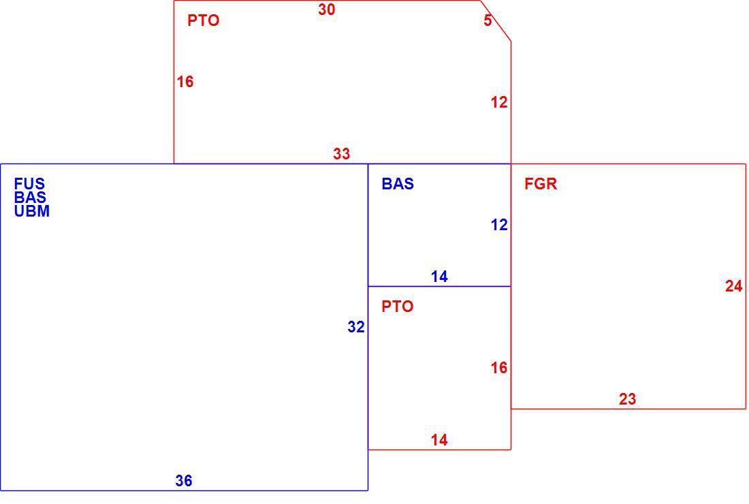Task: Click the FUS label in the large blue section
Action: [x=29, y=183]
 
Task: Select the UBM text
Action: [x=31, y=211]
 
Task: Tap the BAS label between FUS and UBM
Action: [x=30, y=198]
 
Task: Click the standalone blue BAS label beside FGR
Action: [x=398, y=184]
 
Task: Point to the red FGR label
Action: [x=541, y=184]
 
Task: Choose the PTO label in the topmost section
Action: [x=203, y=20]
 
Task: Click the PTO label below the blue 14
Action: [x=398, y=306]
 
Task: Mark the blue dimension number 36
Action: [x=184, y=481]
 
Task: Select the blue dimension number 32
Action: [x=356, y=327]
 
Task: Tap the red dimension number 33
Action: [x=342, y=154]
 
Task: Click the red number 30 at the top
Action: [x=327, y=10]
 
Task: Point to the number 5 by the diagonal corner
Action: [x=488, y=20]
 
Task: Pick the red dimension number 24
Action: [x=734, y=286]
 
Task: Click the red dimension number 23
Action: [x=628, y=399]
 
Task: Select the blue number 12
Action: [x=499, y=225]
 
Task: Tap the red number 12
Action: [x=499, y=102]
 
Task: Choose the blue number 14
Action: [x=439, y=277]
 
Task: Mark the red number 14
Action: [x=439, y=440]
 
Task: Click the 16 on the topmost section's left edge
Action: [x=185, y=82]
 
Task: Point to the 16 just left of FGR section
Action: [x=499, y=368]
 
